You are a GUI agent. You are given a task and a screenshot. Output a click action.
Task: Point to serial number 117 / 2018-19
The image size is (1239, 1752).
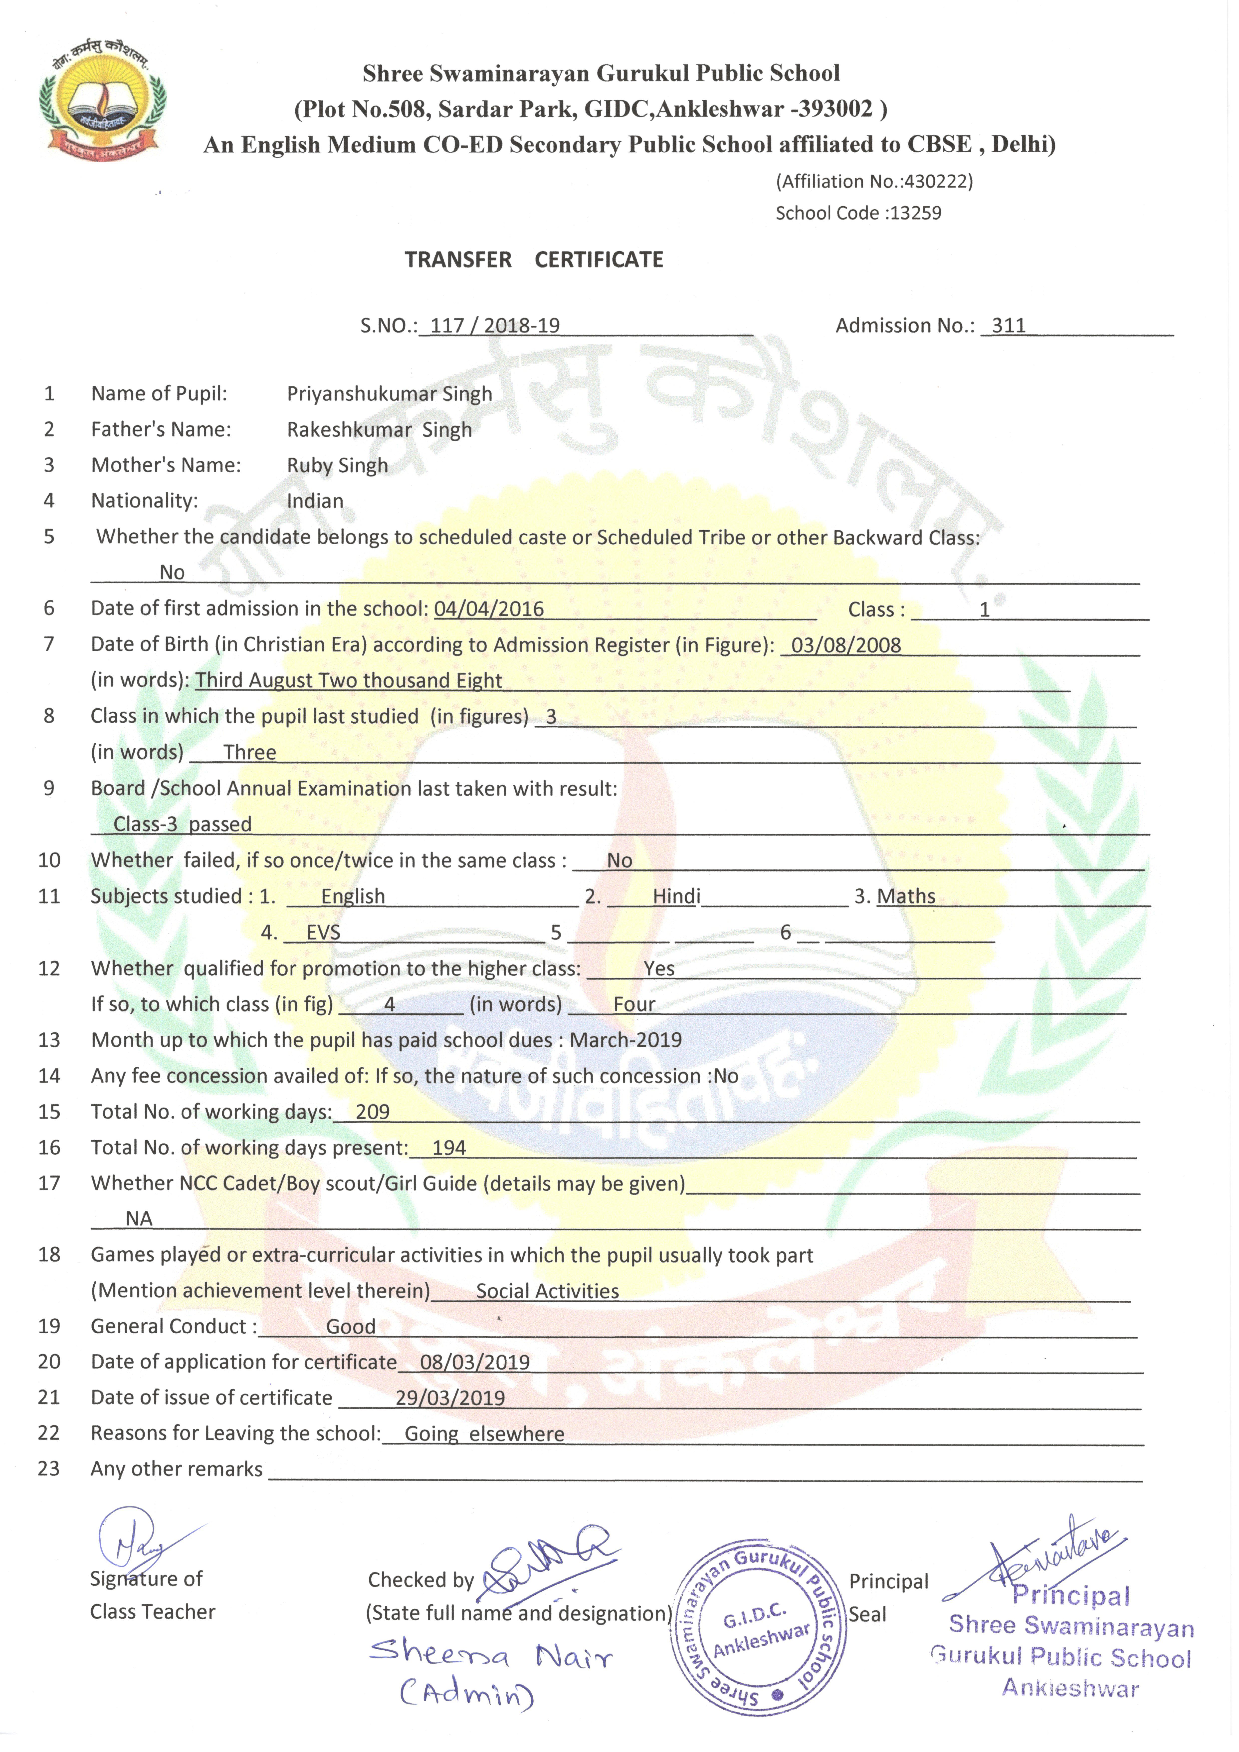pyautogui.click(x=494, y=326)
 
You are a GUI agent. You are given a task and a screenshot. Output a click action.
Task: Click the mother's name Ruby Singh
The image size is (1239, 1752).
pyautogui.click(x=337, y=465)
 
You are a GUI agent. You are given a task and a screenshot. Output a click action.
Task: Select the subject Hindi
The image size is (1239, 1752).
pyautogui.click(x=676, y=896)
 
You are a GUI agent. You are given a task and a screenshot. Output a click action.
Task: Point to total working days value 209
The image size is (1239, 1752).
pyautogui.click(x=372, y=1112)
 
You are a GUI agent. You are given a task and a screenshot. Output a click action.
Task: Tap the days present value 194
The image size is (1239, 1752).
pyautogui.click(x=449, y=1148)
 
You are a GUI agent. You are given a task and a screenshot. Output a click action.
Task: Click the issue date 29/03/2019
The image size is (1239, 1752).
pyautogui.click(x=450, y=1398)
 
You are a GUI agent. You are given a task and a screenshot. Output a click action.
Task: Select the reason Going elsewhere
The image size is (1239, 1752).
pyautogui.click(x=484, y=1434)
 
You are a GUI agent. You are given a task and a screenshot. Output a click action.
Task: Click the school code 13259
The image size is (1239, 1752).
pyautogui.click(x=915, y=213)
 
